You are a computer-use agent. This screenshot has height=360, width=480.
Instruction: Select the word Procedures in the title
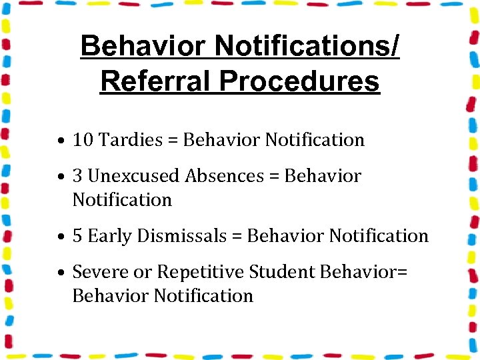point(299,81)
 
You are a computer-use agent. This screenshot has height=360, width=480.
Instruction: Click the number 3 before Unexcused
point(77,176)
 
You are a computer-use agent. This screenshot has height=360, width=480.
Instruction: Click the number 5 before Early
point(77,236)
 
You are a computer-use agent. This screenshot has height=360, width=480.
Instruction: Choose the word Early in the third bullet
point(110,236)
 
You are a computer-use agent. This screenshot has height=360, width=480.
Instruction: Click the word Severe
point(95,272)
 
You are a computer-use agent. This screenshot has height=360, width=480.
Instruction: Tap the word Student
point(282,272)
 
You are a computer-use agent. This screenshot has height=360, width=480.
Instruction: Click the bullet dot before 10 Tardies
point(61,141)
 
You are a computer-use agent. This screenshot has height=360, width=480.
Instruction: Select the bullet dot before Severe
point(61,273)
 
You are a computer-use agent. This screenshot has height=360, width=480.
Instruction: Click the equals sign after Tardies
point(173,141)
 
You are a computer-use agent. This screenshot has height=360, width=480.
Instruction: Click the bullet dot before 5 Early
point(61,237)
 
